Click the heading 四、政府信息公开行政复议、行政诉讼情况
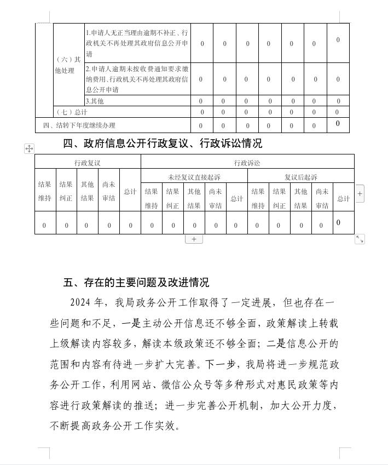(163, 143)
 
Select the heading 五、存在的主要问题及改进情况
(136, 283)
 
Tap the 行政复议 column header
(88, 163)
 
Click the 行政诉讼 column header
(247, 163)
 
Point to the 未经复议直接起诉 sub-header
(194, 177)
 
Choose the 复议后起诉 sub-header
(300, 177)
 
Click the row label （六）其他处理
(68, 65)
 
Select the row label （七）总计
(72, 112)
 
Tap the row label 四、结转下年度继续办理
(79, 125)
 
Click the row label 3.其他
(95, 101)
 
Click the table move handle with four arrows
(29, 148)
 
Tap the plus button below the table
(194, 239)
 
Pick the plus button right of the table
(360, 193)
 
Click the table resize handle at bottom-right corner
(360, 239)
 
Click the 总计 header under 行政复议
(130, 191)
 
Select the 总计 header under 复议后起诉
(343, 198)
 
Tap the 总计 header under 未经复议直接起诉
(236, 198)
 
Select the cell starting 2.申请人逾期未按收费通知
(137, 79)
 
